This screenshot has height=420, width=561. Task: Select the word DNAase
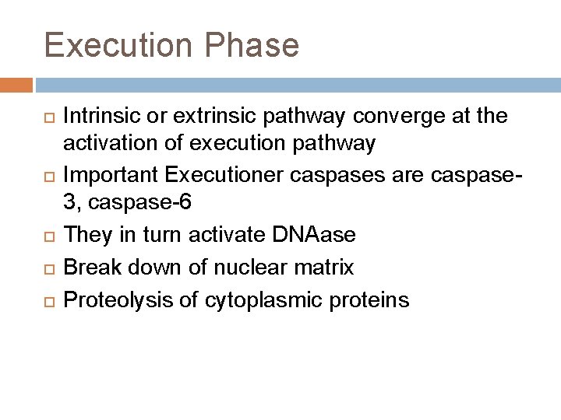pos(319,234)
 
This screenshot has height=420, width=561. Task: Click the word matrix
pos(326,268)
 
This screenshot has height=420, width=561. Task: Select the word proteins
pos(373,300)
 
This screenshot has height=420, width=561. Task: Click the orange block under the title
pos(16,85)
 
